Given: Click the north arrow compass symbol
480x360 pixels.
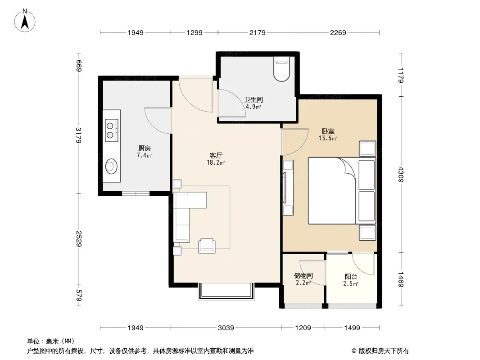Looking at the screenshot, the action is point(25,21).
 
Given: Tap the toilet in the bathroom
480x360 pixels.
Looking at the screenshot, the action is point(281,69).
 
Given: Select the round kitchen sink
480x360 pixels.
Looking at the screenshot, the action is point(111,166).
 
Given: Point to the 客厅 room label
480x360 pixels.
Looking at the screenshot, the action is point(216,156).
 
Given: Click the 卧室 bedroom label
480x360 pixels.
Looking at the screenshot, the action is point(328,131).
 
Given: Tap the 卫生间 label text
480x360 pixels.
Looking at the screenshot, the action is point(254,100).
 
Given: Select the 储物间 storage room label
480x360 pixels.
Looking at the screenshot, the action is point(303,276).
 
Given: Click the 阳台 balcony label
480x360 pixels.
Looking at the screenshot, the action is point(351,277).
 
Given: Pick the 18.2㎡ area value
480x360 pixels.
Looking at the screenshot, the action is point(216,163).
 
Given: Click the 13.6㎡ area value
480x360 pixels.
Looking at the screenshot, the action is point(328,138).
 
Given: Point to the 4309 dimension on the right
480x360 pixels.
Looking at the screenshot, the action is point(401,175).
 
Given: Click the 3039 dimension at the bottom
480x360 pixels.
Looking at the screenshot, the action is point(226,328).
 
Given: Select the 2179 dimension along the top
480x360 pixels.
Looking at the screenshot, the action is point(258,32).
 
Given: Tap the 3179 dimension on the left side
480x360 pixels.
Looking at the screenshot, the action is point(79,135).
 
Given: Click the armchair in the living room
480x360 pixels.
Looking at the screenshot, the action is point(207,246).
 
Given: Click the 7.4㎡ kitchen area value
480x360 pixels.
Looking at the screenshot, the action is point(144,155).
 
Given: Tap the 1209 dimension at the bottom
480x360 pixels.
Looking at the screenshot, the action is point(303,328).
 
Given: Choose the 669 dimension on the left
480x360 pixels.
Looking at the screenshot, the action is point(79,66).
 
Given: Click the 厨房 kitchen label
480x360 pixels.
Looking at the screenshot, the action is point(145,148).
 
